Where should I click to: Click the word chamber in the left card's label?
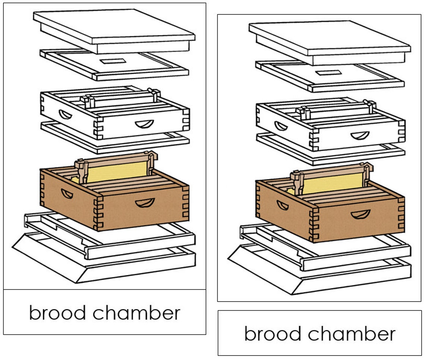[136, 313]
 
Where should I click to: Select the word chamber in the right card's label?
[352, 333]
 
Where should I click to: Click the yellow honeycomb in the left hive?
[116, 172]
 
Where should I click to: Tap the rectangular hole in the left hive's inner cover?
[112, 61]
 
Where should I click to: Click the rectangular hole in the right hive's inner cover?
[328, 72]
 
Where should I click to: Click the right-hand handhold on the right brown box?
[361, 214]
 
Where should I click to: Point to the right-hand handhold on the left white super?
[145, 123]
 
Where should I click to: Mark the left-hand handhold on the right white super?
[282, 126]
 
